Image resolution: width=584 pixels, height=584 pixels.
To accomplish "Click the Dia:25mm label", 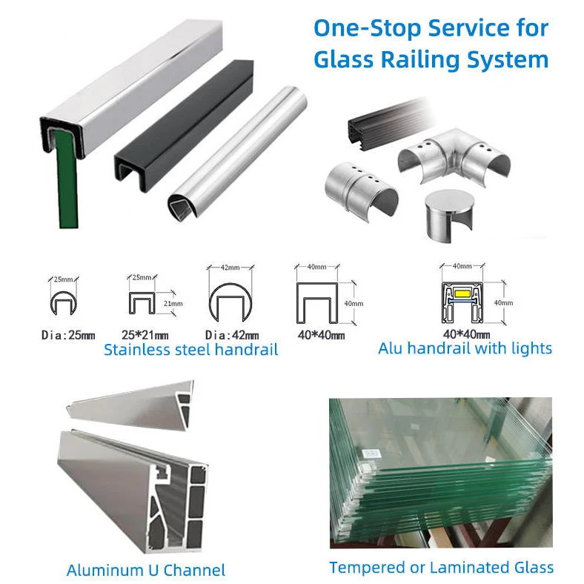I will coord(67,336).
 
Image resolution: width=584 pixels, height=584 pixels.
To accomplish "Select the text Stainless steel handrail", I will coord(190,350).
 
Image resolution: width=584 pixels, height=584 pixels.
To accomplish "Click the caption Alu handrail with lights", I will coord(465,348).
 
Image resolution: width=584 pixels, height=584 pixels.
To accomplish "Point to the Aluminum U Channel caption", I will coord(146,570).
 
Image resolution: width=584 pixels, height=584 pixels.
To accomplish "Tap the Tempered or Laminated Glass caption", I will coord(441,568).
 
